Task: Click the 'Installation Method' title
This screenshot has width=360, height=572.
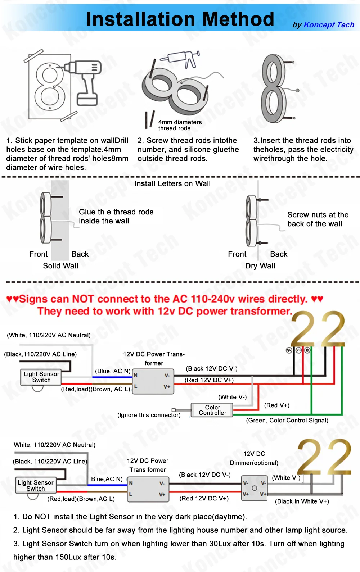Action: (180, 19)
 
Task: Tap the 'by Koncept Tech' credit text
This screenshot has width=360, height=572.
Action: (323, 25)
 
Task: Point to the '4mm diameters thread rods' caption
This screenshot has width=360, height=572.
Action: (180, 125)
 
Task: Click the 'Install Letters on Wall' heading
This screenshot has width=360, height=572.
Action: (172, 183)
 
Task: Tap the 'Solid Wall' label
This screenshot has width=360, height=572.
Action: (60, 266)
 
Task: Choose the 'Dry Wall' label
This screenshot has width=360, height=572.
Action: (260, 266)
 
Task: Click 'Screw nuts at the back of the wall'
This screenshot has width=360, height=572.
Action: (318, 219)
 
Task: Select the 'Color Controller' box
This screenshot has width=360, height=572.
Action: (212, 410)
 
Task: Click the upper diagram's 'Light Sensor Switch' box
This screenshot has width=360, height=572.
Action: (41, 377)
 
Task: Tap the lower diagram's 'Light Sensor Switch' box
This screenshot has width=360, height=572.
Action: (36, 486)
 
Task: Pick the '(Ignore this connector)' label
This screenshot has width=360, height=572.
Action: (149, 415)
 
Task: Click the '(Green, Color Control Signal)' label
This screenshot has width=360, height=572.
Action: (287, 420)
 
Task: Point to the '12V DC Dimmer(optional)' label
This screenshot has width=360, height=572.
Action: (254, 458)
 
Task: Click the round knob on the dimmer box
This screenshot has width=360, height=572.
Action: (255, 488)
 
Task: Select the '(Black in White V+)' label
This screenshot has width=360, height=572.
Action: (302, 501)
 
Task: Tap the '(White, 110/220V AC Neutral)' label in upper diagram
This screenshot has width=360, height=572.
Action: (49, 335)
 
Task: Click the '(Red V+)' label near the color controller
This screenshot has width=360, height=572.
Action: (276, 405)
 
